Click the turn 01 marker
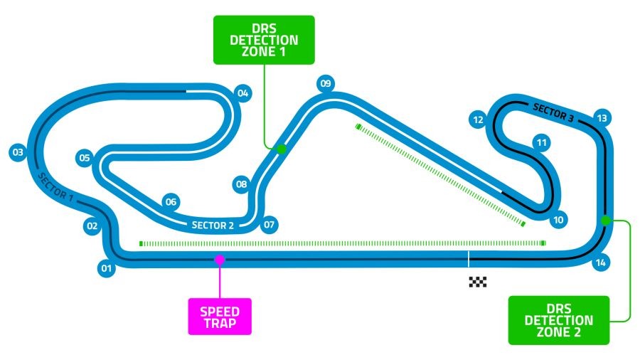(x=107, y=268)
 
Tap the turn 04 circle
(x=243, y=93)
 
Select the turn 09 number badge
(x=326, y=84)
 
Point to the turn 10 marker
(x=558, y=220)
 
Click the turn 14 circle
(x=601, y=263)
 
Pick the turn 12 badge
(x=478, y=120)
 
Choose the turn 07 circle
(x=268, y=226)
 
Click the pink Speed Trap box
(x=220, y=316)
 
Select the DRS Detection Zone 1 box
(x=264, y=40)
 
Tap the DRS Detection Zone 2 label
(x=559, y=320)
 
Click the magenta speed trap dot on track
(x=220, y=260)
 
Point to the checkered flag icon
(x=478, y=282)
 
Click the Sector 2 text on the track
(x=213, y=226)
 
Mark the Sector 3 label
(x=553, y=109)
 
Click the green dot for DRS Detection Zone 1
(x=281, y=149)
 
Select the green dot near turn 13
(x=605, y=221)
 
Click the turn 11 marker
(x=542, y=143)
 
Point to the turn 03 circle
(x=18, y=152)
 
